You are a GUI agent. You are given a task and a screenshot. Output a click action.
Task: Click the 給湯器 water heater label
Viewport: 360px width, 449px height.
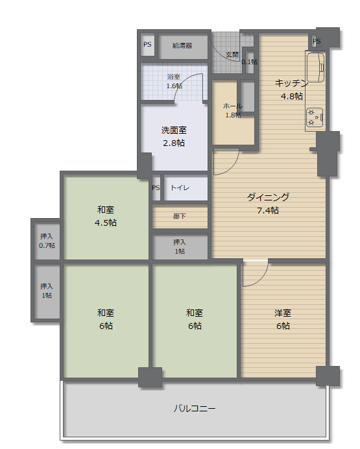tap(182, 45)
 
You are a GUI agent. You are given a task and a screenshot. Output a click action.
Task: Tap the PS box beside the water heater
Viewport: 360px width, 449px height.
tap(147, 44)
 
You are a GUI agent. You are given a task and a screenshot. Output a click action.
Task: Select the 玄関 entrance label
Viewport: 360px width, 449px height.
tap(232, 55)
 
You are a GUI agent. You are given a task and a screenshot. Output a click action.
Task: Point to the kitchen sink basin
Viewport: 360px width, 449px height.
tap(315, 67)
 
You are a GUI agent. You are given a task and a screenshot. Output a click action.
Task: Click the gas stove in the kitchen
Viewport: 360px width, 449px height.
tap(315, 117)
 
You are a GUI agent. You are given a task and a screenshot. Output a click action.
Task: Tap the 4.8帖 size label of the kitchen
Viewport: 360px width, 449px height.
tap(292, 96)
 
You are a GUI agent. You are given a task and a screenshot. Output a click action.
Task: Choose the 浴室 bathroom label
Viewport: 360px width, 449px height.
tap(174, 77)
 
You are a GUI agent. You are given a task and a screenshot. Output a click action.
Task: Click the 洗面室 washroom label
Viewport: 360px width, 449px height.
tap(174, 130)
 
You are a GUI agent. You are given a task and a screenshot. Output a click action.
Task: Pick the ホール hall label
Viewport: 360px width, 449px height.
tap(233, 106)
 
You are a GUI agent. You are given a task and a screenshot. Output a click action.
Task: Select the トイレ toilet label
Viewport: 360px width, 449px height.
tap(180, 188)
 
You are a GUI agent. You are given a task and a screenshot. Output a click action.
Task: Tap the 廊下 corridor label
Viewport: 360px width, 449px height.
tap(180, 217)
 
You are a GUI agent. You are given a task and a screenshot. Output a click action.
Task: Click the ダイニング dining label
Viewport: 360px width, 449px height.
tap(268, 197)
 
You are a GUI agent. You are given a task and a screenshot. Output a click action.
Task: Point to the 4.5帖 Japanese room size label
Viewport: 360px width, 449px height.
tap(106, 223)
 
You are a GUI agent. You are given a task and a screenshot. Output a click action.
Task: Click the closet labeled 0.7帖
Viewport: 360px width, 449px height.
tap(47, 241)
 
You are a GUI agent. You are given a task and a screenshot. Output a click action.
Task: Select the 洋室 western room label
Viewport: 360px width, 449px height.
tap(283, 313)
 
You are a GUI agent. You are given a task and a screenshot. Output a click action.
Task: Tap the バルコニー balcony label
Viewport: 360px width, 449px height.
tap(195, 408)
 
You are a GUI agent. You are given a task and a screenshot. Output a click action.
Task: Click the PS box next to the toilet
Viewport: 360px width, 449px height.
tap(156, 188)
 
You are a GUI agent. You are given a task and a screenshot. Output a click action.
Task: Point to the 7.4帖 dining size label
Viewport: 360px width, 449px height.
tap(268, 210)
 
